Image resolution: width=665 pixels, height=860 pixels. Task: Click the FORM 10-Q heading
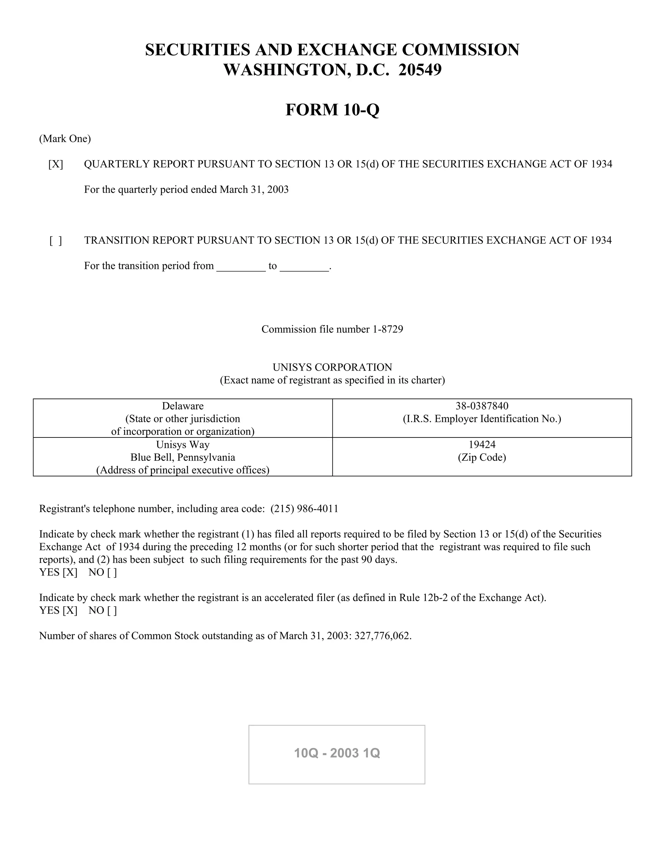[332, 110]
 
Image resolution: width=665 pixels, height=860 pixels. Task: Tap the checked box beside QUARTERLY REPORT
[56, 164]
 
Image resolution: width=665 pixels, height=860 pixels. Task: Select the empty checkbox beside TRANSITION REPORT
[56, 240]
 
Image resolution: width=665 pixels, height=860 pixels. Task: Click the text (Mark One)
[65, 139]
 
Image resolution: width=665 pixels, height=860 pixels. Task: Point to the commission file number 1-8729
[388, 329]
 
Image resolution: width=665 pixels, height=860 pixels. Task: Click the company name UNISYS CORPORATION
[332, 367]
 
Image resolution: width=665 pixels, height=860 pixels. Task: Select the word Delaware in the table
[183, 406]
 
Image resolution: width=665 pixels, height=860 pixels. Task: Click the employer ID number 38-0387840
[482, 406]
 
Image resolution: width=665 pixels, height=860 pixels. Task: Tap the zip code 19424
[482, 445]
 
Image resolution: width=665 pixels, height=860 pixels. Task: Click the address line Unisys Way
[183, 445]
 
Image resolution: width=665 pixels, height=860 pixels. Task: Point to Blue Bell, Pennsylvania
[183, 458]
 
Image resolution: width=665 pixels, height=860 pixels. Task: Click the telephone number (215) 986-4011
[304, 509]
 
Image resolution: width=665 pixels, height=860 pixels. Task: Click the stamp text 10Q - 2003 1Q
[337, 753]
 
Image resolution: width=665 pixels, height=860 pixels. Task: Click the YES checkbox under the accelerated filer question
[70, 610]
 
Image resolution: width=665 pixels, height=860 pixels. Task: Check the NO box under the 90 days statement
[112, 572]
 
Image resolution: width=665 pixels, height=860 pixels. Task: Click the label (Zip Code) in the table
[482, 458]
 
